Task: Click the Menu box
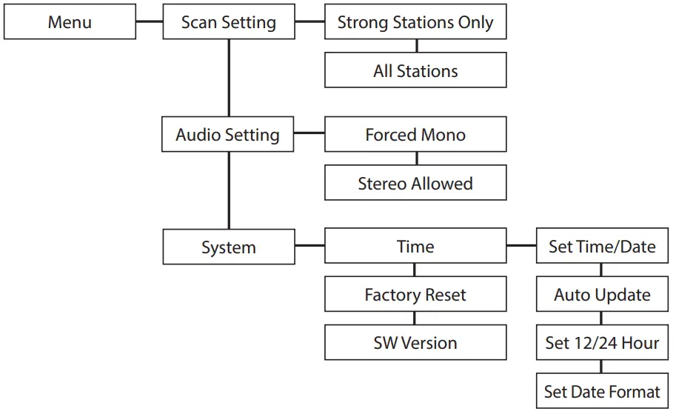(70, 21)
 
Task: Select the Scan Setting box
(228, 21)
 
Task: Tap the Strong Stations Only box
(415, 21)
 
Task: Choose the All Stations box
(415, 70)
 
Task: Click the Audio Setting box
(228, 135)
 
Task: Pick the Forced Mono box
(415, 135)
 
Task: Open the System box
(228, 247)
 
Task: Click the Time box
(415, 247)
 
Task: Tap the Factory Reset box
(415, 295)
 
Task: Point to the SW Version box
(415, 342)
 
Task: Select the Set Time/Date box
(602, 247)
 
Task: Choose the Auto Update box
(602, 295)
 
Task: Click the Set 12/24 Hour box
(602, 342)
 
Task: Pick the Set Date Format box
(602, 391)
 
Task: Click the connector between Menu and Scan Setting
(149, 21)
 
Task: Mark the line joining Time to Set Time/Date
(521, 245)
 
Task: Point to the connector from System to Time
(309, 245)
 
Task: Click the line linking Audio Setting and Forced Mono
(309, 134)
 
